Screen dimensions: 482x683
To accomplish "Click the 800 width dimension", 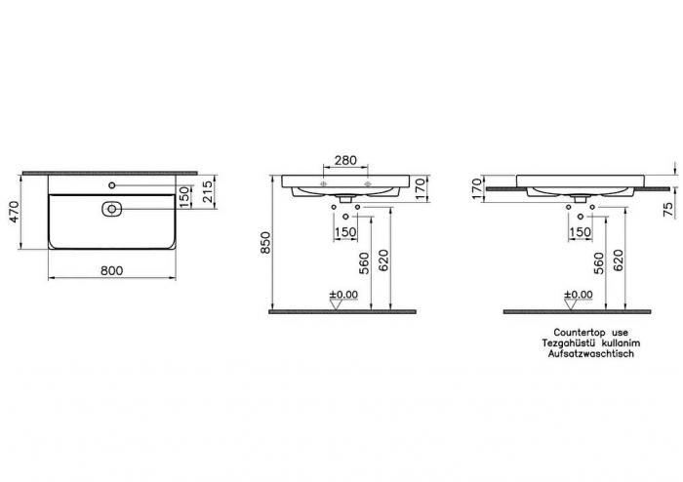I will pyautogui.click(x=112, y=270).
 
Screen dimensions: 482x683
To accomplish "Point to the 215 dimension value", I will pyautogui.click(x=207, y=192).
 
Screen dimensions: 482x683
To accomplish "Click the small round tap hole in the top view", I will pyautogui.click(x=112, y=185).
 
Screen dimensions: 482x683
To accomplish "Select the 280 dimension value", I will pyautogui.click(x=344, y=160).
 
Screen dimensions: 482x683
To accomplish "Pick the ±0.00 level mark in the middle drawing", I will pyautogui.click(x=344, y=294).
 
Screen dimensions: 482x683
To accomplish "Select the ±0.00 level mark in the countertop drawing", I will pyautogui.click(x=578, y=294).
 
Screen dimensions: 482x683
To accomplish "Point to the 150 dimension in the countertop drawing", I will pyautogui.click(x=580, y=232).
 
